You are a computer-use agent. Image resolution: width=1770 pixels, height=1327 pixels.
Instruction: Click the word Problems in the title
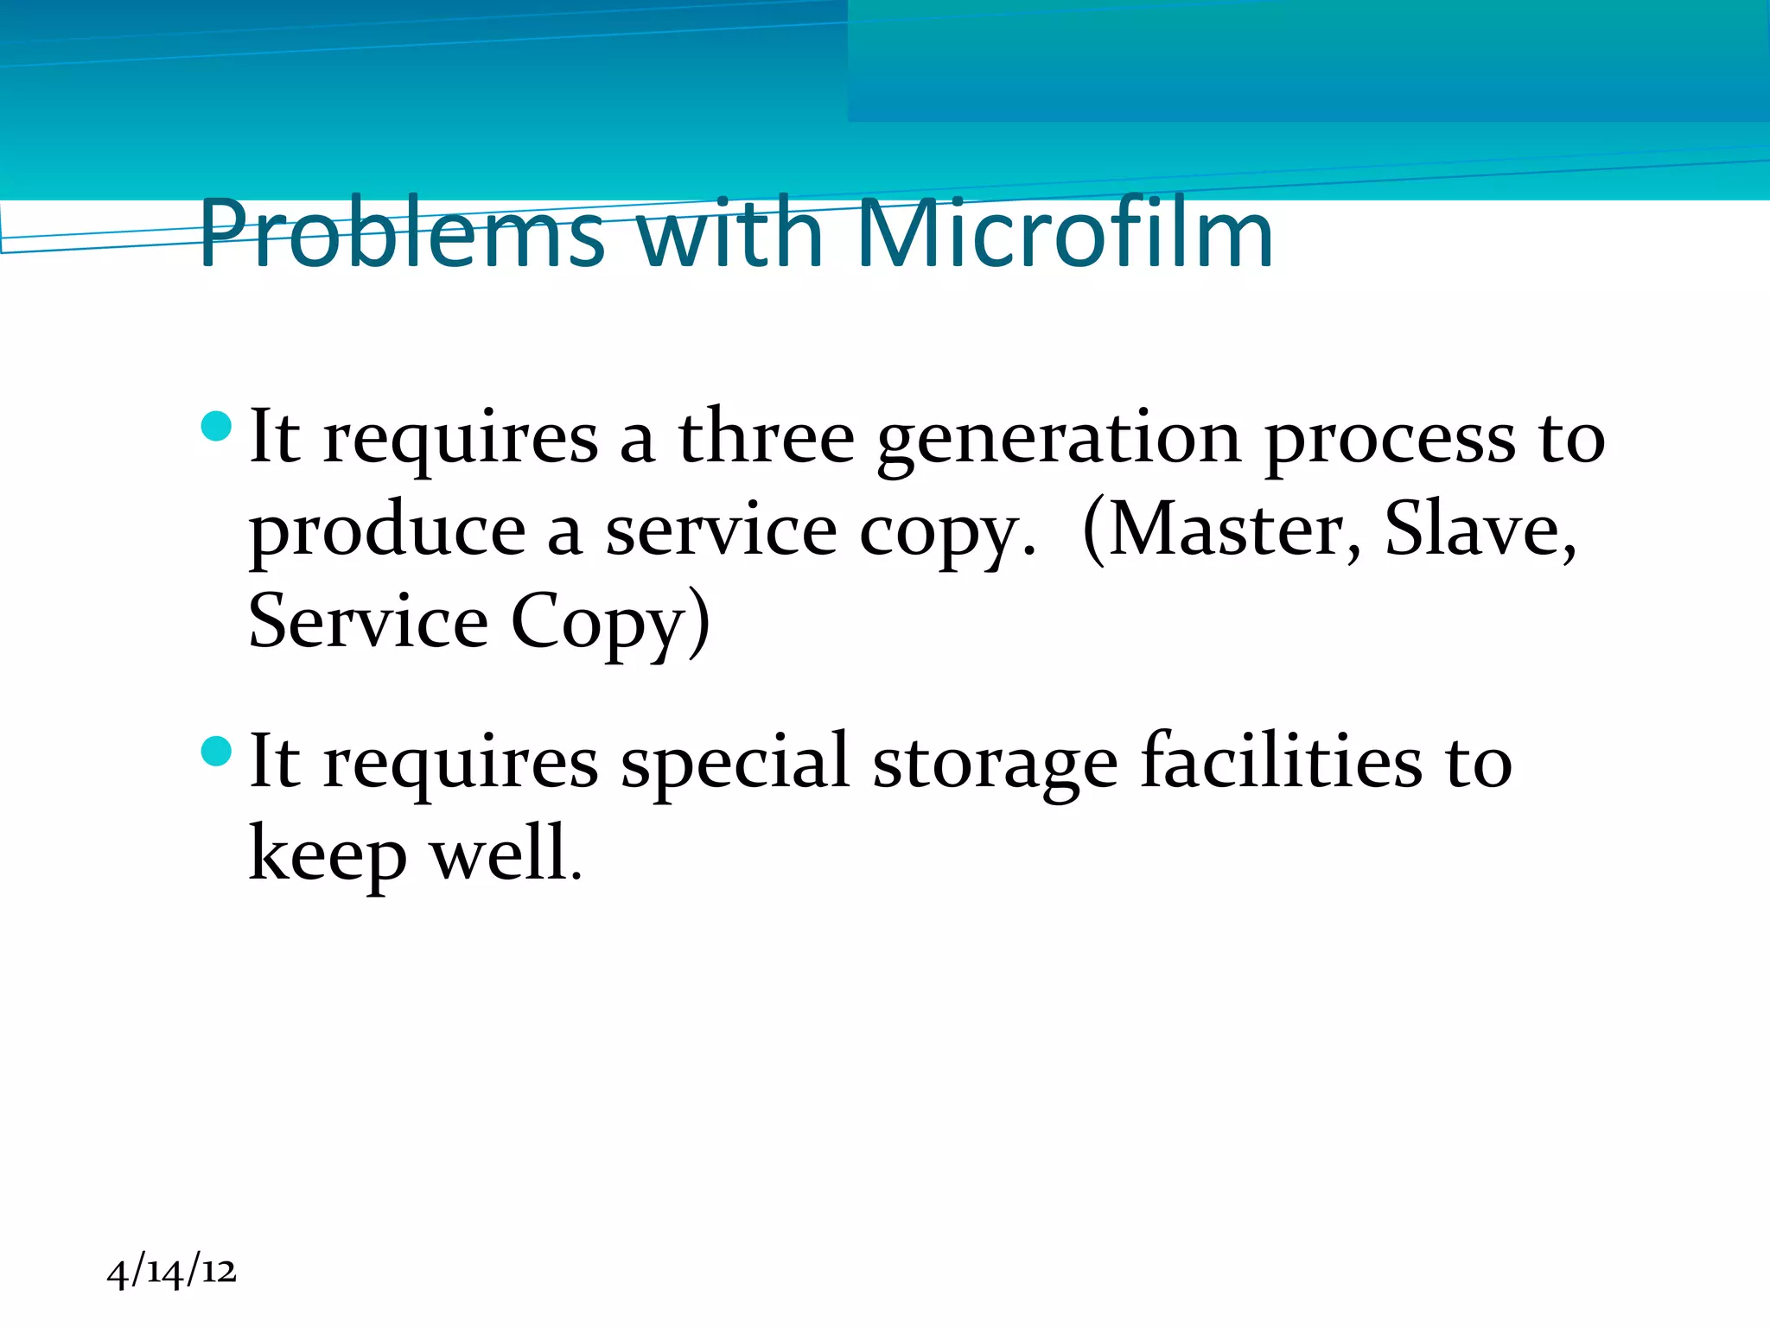click(x=402, y=233)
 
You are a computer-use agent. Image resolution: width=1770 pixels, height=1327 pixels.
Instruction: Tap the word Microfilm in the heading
click(x=1064, y=233)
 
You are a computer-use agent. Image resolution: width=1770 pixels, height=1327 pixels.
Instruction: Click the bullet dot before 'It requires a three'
click(x=216, y=426)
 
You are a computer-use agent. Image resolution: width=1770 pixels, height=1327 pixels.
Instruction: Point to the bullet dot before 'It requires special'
click(x=216, y=751)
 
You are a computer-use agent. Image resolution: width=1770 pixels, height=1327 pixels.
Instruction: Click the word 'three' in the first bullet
click(x=766, y=438)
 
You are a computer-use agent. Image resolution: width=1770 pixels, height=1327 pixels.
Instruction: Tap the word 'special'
click(x=735, y=764)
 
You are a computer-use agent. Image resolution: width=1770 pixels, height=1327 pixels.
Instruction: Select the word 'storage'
click(x=995, y=765)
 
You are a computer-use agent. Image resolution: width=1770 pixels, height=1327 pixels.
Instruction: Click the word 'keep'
click(x=328, y=856)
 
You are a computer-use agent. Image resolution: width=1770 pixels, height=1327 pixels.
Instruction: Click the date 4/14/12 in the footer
click(x=171, y=1272)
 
